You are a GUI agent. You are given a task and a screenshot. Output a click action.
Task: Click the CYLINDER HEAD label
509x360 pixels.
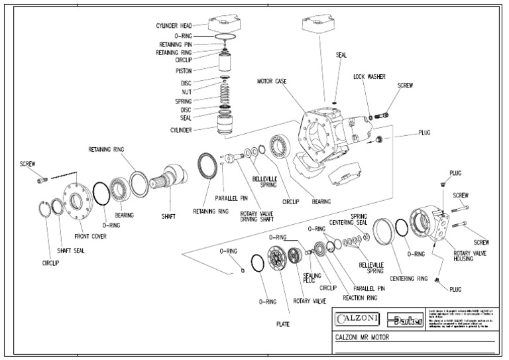pos(173,25)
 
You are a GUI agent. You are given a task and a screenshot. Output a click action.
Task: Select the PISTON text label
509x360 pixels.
pos(184,70)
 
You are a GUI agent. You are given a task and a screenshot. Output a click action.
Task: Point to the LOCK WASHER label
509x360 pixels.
pos(370,76)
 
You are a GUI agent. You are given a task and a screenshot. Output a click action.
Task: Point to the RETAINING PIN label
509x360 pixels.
pos(174,44)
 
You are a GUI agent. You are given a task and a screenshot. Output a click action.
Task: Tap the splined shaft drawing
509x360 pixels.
pos(172,180)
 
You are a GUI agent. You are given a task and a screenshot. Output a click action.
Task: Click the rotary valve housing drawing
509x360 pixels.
pos(430,229)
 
